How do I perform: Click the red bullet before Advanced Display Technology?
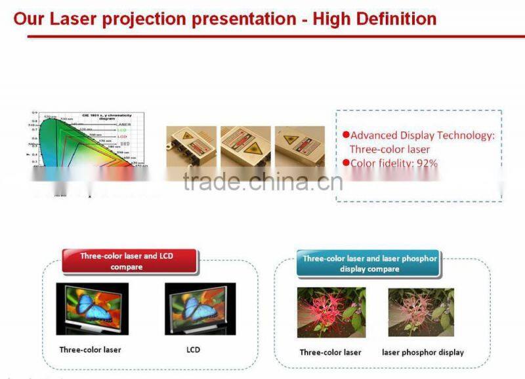tap(346, 135)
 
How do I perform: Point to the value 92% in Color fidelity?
tap(425, 163)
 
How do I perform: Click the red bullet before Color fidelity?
tap(346, 163)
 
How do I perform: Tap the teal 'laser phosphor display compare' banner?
tap(369, 263)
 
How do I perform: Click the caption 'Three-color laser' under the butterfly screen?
tap(90, 349)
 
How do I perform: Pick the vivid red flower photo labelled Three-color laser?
tap(331, 313)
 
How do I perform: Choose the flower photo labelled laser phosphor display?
tap(421, 313)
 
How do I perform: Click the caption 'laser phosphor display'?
tap(423, 352)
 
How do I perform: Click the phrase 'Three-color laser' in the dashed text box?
tap(390, 149)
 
